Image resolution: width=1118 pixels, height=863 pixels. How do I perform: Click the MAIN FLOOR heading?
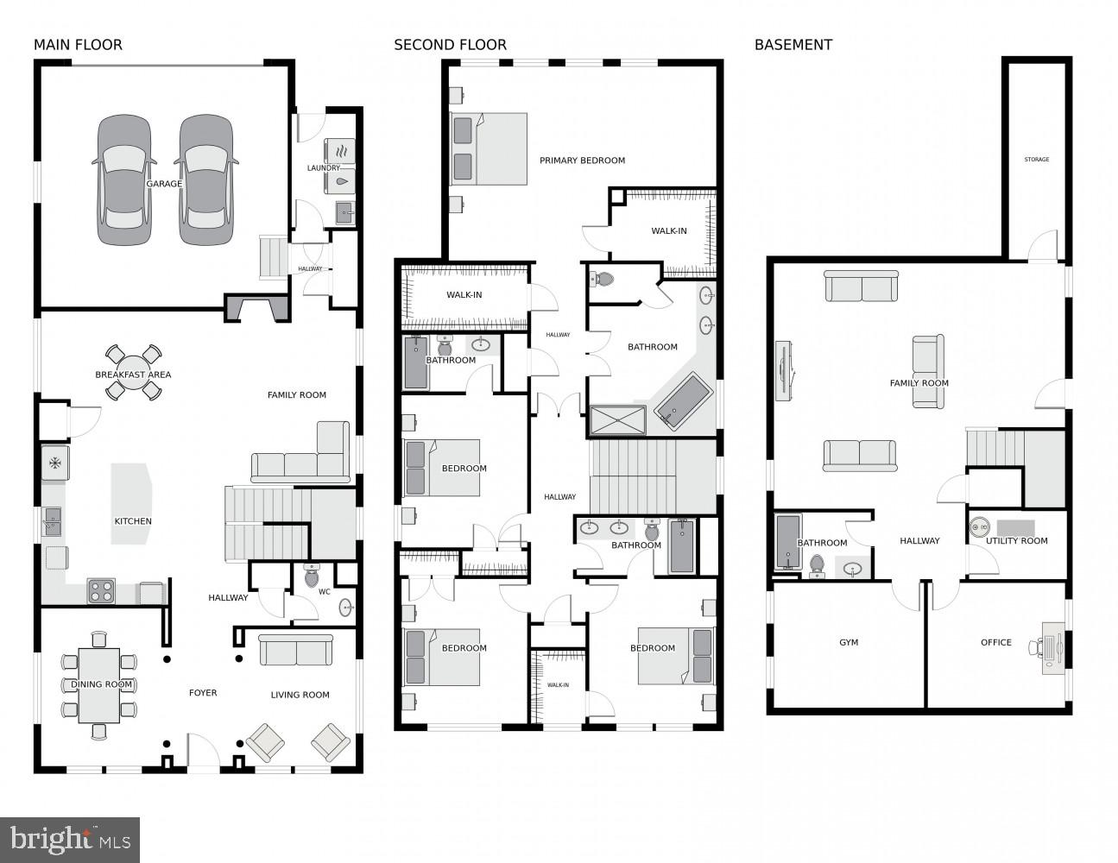[78, 45]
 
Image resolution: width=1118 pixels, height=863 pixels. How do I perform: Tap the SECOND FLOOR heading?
[450, 45]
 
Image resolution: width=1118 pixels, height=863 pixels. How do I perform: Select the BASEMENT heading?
[793, 45]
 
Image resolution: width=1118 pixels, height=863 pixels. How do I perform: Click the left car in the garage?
[124, 180]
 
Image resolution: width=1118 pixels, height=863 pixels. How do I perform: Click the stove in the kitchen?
[101, 591]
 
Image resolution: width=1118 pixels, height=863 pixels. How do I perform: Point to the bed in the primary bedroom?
[489, 148]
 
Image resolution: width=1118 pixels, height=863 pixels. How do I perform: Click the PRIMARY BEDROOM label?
[582, 161]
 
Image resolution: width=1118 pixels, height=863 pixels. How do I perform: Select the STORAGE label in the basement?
[1036, 160]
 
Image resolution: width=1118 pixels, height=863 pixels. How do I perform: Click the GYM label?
[848, 643]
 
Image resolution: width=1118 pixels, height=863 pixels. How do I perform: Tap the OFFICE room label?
[995, 643]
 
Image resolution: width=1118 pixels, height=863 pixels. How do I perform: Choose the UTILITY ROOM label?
[1016, 541]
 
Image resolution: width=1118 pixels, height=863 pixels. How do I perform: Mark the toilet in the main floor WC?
[312, 576]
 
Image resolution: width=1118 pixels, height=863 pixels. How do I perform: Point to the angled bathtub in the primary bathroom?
[682, 402]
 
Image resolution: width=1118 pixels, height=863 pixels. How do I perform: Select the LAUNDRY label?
[324, 168]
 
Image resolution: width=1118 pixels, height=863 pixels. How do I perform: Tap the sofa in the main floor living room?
[296, 650]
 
